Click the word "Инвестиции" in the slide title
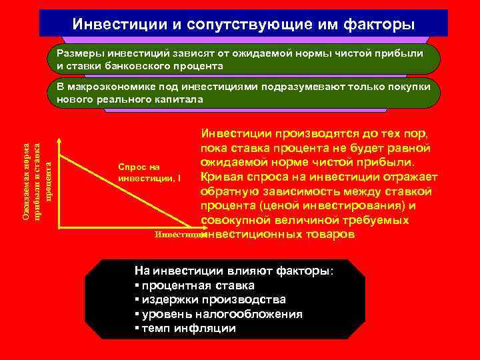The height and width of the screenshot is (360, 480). (111, 24)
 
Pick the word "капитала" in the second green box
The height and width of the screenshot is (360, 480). (181, 99)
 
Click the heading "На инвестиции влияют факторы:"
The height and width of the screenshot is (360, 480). (236, 271)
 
